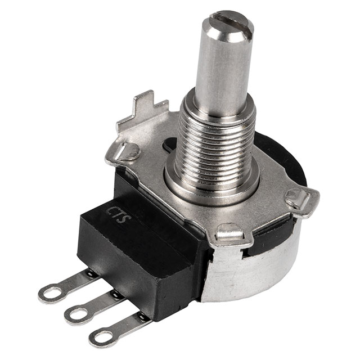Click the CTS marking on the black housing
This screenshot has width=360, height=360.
tap(119, 215)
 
